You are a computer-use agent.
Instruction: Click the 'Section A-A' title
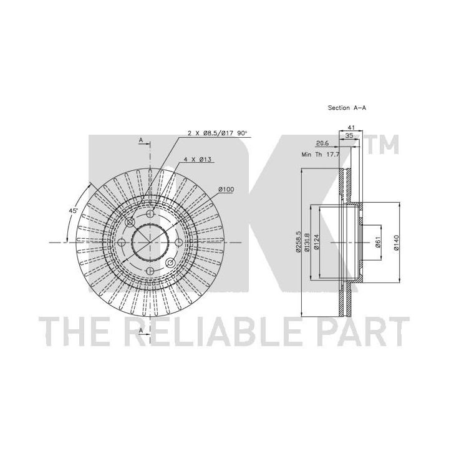click(x=347, y=108)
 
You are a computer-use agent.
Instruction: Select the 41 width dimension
click(x=350, y=127)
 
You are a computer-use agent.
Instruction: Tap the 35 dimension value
click(x=349, y=136)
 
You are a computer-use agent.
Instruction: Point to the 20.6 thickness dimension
click(x=322, y=143)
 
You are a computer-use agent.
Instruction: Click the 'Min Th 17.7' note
click(x=321, y=155)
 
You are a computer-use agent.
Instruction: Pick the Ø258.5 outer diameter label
click(x=298, y=242)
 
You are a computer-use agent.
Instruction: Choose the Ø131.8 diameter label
click(x=307, y=242)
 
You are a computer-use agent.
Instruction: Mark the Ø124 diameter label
click(x=316, y=242)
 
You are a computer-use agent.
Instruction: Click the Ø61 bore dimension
click(x=377, y=242)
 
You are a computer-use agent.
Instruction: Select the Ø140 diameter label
click(x=396, y=243)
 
